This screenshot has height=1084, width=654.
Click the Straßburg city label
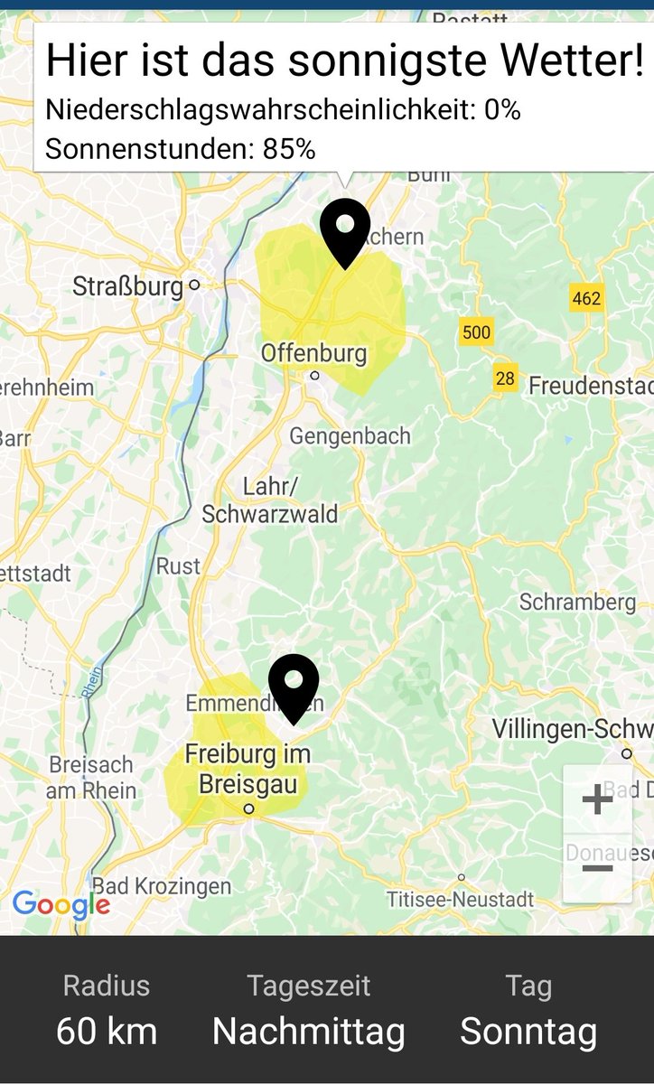127,286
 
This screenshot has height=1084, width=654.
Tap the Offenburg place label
313,353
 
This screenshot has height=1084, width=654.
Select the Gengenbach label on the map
350,436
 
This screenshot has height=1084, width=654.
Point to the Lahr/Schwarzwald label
269,500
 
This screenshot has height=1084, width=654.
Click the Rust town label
178,566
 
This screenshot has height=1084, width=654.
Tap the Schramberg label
577,602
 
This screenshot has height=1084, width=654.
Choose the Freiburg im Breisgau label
248,768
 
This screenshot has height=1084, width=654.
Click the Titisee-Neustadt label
460,899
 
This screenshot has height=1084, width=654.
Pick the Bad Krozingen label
162,885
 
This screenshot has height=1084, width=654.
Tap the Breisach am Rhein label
92,778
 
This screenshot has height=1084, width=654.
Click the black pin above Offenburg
345,230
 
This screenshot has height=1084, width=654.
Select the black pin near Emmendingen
294,687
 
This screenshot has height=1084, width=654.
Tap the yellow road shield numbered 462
586,298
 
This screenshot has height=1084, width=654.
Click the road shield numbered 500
476,332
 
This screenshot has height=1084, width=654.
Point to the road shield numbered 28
505,378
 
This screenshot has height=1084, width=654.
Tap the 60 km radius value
107,1031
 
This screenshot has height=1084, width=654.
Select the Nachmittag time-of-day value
308,1031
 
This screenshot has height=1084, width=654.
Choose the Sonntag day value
528,1031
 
